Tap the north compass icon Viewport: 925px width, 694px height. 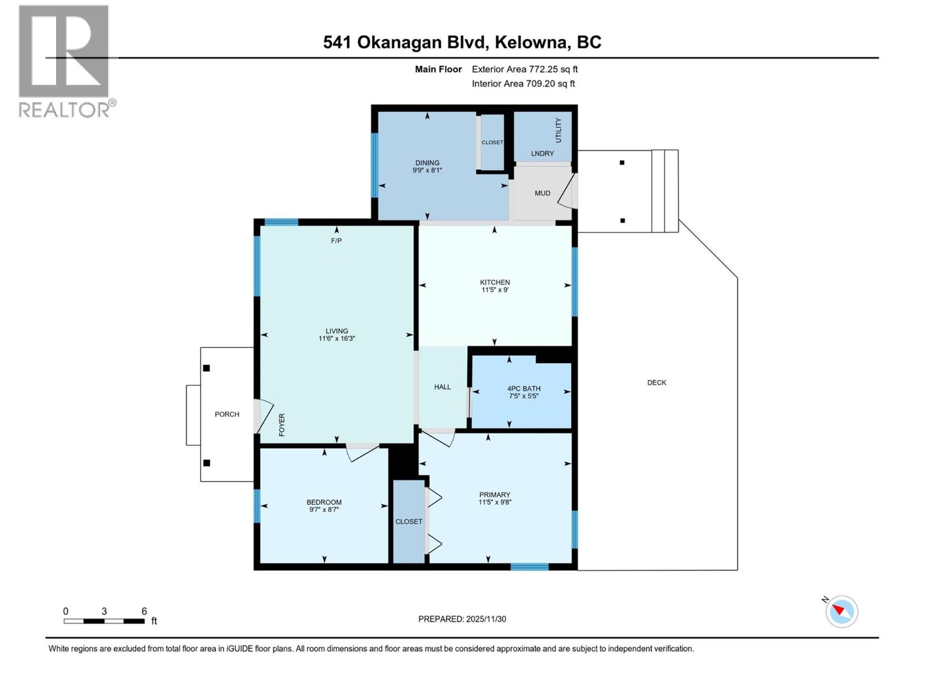(x=841, y=611)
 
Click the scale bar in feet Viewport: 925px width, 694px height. (x=104, y=621)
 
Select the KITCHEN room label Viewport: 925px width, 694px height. (x=495, y=282)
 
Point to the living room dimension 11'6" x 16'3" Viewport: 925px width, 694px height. (x=336, y=339)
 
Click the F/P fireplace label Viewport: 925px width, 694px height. (x=336, y=241)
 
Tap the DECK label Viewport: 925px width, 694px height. (x=657, y=382)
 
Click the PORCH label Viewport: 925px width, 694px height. (x=227, y=414)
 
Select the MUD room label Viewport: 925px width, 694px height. (x=542, y=193)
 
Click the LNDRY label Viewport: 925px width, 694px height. (x=542, y=153)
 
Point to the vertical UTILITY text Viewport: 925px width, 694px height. (x=558, y=131)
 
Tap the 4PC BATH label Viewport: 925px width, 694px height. (x=524, y=389)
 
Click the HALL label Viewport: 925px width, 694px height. (x=442, y=387)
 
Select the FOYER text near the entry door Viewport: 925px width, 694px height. (x=282, y=424)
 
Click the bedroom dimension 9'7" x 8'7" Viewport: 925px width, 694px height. (x=324, y=510)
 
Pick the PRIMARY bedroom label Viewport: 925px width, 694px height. (x=495, y=494)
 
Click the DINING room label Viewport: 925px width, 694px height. (x=427, y=163)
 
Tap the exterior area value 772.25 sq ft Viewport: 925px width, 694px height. (x=553, y=69)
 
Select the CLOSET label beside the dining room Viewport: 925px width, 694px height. (x=492, y=142)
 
